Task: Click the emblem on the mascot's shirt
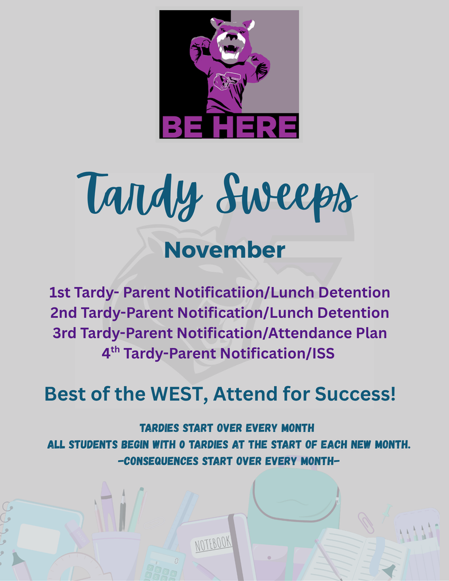tap(226, 81)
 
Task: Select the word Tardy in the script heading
tap(139, 193)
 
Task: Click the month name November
tap(224, 250)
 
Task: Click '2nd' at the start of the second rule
tap(64, 313)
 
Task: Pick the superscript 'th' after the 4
tap(115, 350)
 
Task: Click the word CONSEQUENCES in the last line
tap(161, 461)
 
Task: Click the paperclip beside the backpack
tap(366, 522)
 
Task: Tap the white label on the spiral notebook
tap(39, 538)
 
